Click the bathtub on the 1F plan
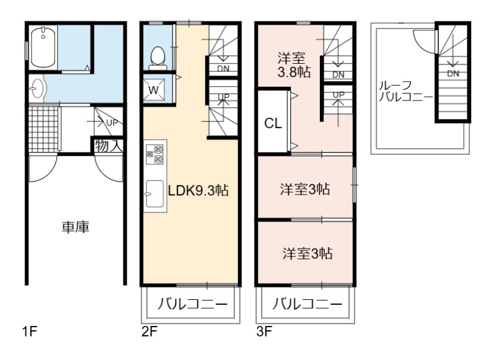43,47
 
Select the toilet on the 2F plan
158,58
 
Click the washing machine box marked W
154,90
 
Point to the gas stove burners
154,154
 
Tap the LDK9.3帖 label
198,191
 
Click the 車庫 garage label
76,227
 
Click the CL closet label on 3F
273,123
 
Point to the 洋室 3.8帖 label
293,65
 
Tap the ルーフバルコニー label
405,91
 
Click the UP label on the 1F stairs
112,123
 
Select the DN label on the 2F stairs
223,69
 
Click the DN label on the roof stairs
453,74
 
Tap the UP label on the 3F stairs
339,95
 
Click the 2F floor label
149,332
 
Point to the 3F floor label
265,332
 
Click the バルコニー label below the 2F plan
192,304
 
